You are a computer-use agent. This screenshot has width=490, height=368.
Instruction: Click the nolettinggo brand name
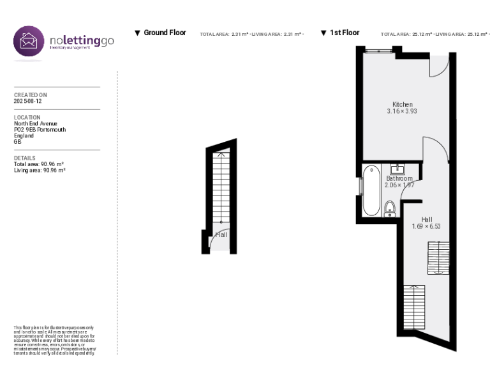coord(82,41)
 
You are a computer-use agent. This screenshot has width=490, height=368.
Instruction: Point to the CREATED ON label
coord(31,95)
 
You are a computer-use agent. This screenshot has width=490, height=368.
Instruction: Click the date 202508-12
coord(28,101)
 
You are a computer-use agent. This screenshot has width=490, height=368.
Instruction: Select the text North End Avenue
coord(36,123)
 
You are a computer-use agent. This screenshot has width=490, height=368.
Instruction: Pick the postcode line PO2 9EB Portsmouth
coord(40,129)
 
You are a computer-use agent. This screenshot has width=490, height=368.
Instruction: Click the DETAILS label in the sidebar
coord(25,158)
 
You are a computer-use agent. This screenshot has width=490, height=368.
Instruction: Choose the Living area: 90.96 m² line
coord(40,170)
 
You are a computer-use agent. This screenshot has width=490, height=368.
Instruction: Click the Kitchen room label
coord(402,104)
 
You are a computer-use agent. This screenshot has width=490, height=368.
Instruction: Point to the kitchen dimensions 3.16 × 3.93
coord(402,111)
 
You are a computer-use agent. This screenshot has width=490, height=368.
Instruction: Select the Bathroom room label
coord(399,178)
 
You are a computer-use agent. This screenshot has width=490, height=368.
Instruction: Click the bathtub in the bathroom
coord(371,191)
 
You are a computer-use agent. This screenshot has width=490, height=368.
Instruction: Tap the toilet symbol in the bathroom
coord(390,208)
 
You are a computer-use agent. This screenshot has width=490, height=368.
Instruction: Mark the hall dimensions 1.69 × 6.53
coord(426,226)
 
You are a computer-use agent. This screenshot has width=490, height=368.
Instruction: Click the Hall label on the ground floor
coord(221,235)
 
